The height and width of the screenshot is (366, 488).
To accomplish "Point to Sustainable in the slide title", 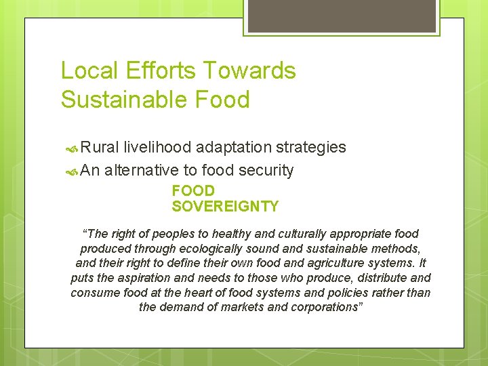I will tap(118, 100).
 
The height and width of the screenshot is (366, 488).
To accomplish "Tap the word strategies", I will tap(315, 147).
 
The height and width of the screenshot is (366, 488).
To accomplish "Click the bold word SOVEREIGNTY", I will tap(225, 206).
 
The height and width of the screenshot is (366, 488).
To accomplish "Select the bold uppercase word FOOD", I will tap(193, 191).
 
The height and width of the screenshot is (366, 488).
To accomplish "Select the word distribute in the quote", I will tap(379, 278).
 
